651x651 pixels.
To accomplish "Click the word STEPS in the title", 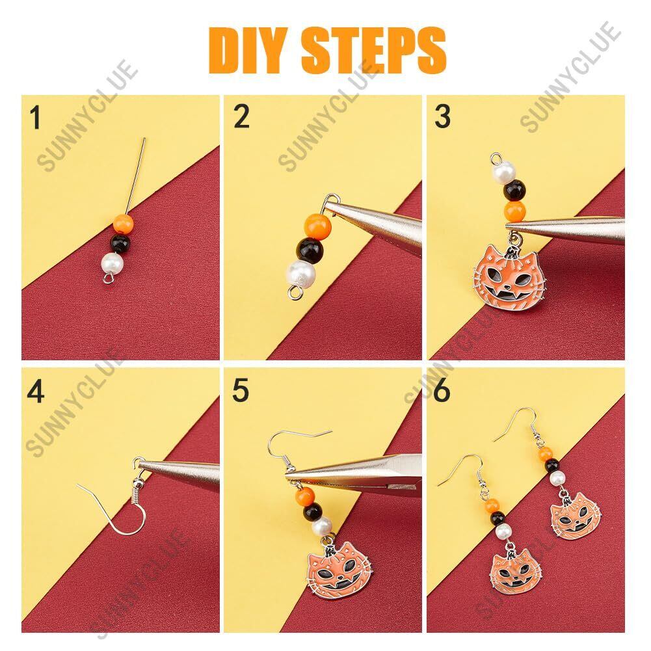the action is pos(373,51).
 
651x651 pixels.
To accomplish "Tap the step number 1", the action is pos(36,117).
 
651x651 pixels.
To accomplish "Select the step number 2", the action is pos(242,116).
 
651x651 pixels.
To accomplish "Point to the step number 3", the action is pos(443,116).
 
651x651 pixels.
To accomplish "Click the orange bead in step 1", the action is pos(124,224).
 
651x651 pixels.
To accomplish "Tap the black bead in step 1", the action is pos(120,244).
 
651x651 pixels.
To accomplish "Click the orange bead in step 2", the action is pos(318,226).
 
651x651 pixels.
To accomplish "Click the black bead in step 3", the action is pos(514,190).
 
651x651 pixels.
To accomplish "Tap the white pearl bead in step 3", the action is pos(503,171).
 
